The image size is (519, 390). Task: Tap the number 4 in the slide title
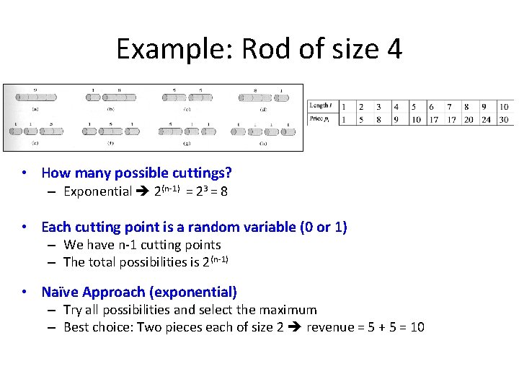click(393, 49)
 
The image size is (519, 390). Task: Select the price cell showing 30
click(503, 119)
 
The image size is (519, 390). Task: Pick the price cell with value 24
click(486, 119)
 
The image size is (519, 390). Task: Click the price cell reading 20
click(468, 119)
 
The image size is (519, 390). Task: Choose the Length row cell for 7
click(450, 107)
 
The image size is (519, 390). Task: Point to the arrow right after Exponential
click(143, 192)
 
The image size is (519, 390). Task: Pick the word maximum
click(288, 310)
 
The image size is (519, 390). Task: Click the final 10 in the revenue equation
click(417, 327)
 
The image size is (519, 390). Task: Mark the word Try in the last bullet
click(73, 310)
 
